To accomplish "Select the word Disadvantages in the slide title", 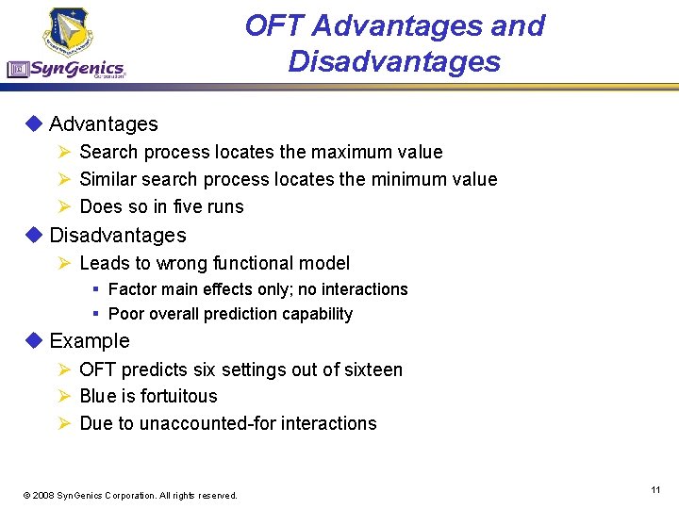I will pyautogui.click(x=394, y=61).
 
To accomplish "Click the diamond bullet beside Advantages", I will pyautogui.click(x=35, y=123).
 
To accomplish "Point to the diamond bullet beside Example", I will pyautogui.click(x=35, y=340).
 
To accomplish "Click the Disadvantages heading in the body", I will pyautogui.click(x=117, y=236).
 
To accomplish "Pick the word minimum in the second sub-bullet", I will pyautogui.click(x=407, y=179).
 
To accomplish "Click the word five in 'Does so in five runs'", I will pyautogui.click(x=184, y=206).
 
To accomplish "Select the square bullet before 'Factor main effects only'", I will pyautogui.click(x=96, y=289).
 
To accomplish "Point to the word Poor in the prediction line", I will pyautogui.click(x=125, y=314).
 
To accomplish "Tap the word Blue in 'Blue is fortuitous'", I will pyautogui.click(x=98, y=396).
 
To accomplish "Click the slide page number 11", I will pyautogui.click(x=654, y=490).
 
